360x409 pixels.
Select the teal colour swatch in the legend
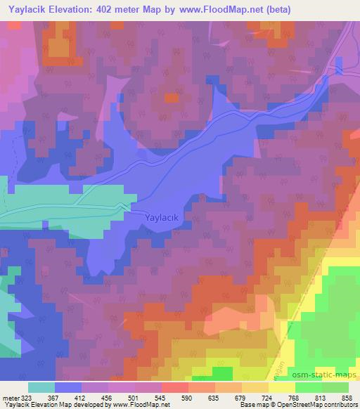[41, 387]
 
